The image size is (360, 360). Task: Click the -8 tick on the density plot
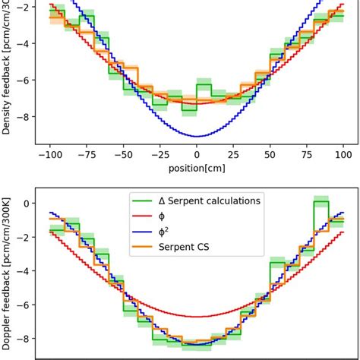click(25, 117)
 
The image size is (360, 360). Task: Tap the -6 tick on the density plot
click(25, 81)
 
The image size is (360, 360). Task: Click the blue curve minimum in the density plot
click(197, 137)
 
